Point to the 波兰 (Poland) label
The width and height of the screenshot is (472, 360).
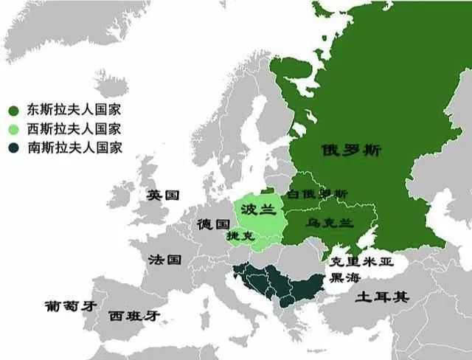pos(258,209)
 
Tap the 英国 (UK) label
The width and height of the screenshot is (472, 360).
pos(163,195)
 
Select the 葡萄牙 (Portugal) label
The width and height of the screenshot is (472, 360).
pos(70,305)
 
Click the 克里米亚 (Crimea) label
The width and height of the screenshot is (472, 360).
pos(361,262)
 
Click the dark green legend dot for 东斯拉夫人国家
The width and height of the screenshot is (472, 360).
pos(13,111)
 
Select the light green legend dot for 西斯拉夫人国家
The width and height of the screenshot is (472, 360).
pos(13,128)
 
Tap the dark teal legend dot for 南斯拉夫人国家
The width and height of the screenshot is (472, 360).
pos(13,147)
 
